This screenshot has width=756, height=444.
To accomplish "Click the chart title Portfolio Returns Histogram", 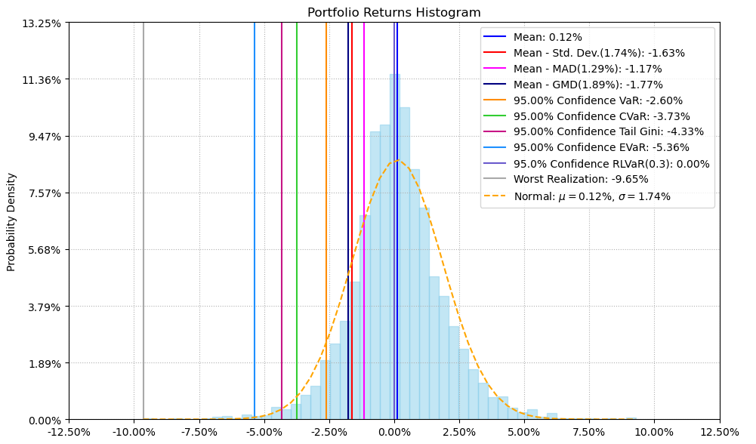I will [393, 12].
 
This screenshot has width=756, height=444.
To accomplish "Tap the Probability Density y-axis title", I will [11, 222].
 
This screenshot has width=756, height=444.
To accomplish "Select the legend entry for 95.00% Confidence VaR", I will [597, 100].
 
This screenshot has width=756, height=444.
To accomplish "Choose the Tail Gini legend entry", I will [608, 132].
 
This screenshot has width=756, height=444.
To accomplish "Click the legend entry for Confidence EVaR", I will [601, 148].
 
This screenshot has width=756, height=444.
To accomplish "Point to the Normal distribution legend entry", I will [591, 196].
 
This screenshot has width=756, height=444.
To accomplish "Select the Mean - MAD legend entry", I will [588, 69].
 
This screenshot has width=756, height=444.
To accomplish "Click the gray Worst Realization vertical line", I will [143, 227].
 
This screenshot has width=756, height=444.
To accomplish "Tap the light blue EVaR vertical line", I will [255, 227].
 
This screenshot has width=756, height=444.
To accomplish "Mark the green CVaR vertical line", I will [297, 227].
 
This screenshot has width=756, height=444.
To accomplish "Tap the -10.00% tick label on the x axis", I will [134, 433].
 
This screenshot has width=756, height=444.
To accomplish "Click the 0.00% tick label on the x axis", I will [394, 433].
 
